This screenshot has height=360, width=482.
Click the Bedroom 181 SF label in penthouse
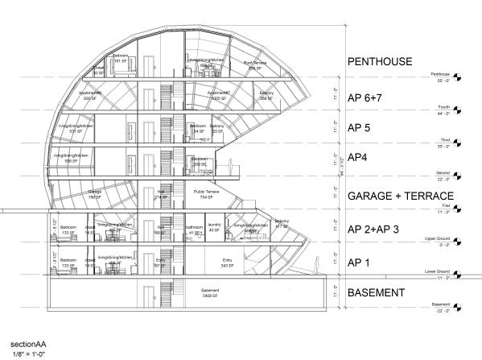[120, 59]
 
